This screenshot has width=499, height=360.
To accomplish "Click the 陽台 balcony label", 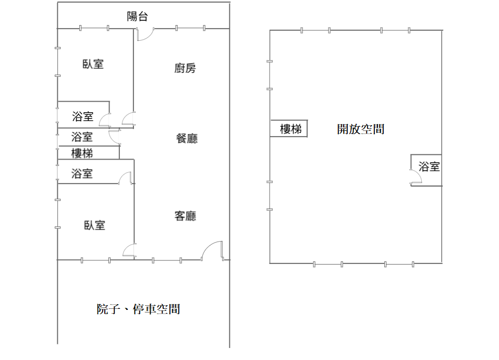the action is coord(137,16).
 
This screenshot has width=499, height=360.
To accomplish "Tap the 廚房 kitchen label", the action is coord(185,68).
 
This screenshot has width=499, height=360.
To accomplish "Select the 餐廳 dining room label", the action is coord(187,138).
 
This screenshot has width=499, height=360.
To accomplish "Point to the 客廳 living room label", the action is coord(185,216).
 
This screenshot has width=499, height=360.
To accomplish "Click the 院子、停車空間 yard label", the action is coord(138,309).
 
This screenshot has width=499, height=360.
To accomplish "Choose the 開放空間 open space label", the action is coord(361,129).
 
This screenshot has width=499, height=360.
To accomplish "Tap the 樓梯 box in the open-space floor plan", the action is coord(289,128).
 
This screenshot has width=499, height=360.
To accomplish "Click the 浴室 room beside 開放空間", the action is coord(426,170).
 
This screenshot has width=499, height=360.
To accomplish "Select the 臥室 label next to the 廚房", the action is coord(93,64).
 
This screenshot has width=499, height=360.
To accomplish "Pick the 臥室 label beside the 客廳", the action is coord(94,225).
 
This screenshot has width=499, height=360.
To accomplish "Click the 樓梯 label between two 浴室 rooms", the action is coord(82,153).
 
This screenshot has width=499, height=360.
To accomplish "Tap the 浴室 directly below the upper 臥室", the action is coord(83,116).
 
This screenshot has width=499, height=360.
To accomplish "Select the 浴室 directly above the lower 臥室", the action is coord(82,173).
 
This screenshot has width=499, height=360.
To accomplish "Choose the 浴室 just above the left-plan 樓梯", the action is coord(82,137).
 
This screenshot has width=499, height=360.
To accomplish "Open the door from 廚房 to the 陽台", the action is coord(145,34).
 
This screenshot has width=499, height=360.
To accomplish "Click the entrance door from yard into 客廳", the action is coord(212,251).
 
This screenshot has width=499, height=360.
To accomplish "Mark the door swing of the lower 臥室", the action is coord(129,250).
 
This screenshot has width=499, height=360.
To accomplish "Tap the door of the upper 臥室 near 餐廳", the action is coord(129,118).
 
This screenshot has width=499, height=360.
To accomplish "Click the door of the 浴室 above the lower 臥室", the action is coord(125,178).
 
